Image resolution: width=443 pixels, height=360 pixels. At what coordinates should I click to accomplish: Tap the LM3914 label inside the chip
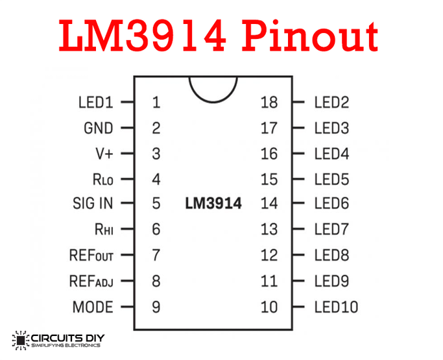[213, 204]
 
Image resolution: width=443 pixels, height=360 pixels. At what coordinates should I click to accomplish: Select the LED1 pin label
[95, 102]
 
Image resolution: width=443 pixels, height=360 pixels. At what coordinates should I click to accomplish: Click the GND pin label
[98, 128]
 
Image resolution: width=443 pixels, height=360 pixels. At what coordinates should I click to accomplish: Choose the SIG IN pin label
[92, 204]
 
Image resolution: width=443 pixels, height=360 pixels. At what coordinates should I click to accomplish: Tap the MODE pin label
[93, 307]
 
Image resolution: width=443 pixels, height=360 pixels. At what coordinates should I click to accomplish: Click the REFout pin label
[91, 255]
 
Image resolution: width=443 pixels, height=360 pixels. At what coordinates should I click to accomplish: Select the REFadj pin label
[91, 281]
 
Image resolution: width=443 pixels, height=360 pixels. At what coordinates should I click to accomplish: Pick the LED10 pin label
[336, 307]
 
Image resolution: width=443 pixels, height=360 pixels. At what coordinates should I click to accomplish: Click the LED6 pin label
[331, 204]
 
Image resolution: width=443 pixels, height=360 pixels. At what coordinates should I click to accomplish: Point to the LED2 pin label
[331, 102]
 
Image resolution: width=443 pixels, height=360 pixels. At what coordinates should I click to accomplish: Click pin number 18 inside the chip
[269, 102]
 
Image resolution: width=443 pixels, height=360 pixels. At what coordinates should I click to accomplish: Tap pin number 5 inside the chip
[156, 204]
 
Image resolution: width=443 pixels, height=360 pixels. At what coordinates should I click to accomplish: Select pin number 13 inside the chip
[269, 229]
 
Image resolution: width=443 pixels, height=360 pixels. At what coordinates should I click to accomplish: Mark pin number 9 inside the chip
[156, 307]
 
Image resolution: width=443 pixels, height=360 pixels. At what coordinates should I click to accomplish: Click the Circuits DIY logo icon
[21, 340]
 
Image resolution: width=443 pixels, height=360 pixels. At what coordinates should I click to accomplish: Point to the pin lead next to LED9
[298, 281]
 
